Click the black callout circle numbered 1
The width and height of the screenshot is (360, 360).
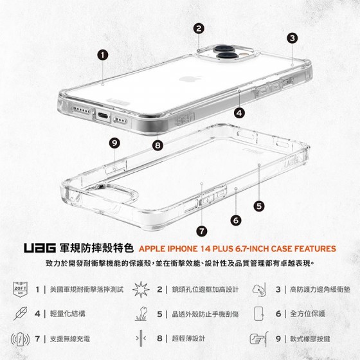pos(102,55)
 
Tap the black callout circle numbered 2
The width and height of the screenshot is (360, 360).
pos(199,28)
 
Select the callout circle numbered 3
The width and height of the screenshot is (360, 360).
pos(292,38)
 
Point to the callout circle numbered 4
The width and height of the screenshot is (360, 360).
pos(239,113)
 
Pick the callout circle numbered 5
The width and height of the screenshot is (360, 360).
pos(259,206)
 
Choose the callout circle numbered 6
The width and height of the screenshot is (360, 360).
pos(236,221)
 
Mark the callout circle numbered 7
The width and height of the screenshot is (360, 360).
pos(202,231)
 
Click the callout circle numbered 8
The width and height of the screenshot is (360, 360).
pos(157,145)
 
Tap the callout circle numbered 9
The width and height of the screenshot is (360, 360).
pos(114,143)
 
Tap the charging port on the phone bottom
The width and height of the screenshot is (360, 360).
pos(103,115)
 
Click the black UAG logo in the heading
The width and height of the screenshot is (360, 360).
pos(40,248)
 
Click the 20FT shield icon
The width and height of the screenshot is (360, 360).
pos(21,289)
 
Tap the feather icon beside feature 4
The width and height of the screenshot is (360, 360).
pos(20,314)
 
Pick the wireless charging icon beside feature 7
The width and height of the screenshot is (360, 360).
pos(20,339)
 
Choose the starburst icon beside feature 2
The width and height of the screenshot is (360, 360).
pos(141,289)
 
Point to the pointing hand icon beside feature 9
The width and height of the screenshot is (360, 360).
pos(258,339)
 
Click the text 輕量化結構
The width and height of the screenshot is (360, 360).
pos(67,314)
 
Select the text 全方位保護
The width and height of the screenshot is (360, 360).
pos(308,314)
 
